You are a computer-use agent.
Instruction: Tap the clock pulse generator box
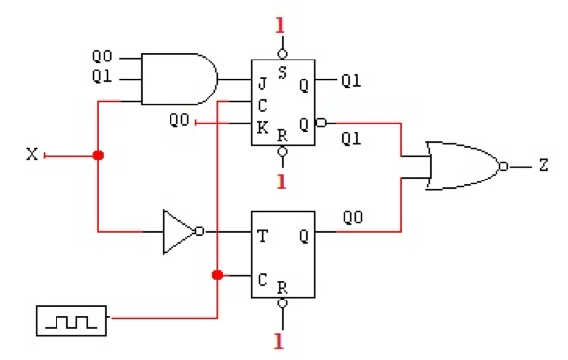pos(66,319)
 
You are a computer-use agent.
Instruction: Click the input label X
pos(31,155)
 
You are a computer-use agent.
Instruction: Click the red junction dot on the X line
pos(97,155)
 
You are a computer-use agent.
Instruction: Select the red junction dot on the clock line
pos(217,276)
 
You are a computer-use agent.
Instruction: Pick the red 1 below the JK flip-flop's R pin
pos(283,181)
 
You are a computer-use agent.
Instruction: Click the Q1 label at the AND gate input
pos(103,76)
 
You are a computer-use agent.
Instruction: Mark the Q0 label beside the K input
pos(179,121)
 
